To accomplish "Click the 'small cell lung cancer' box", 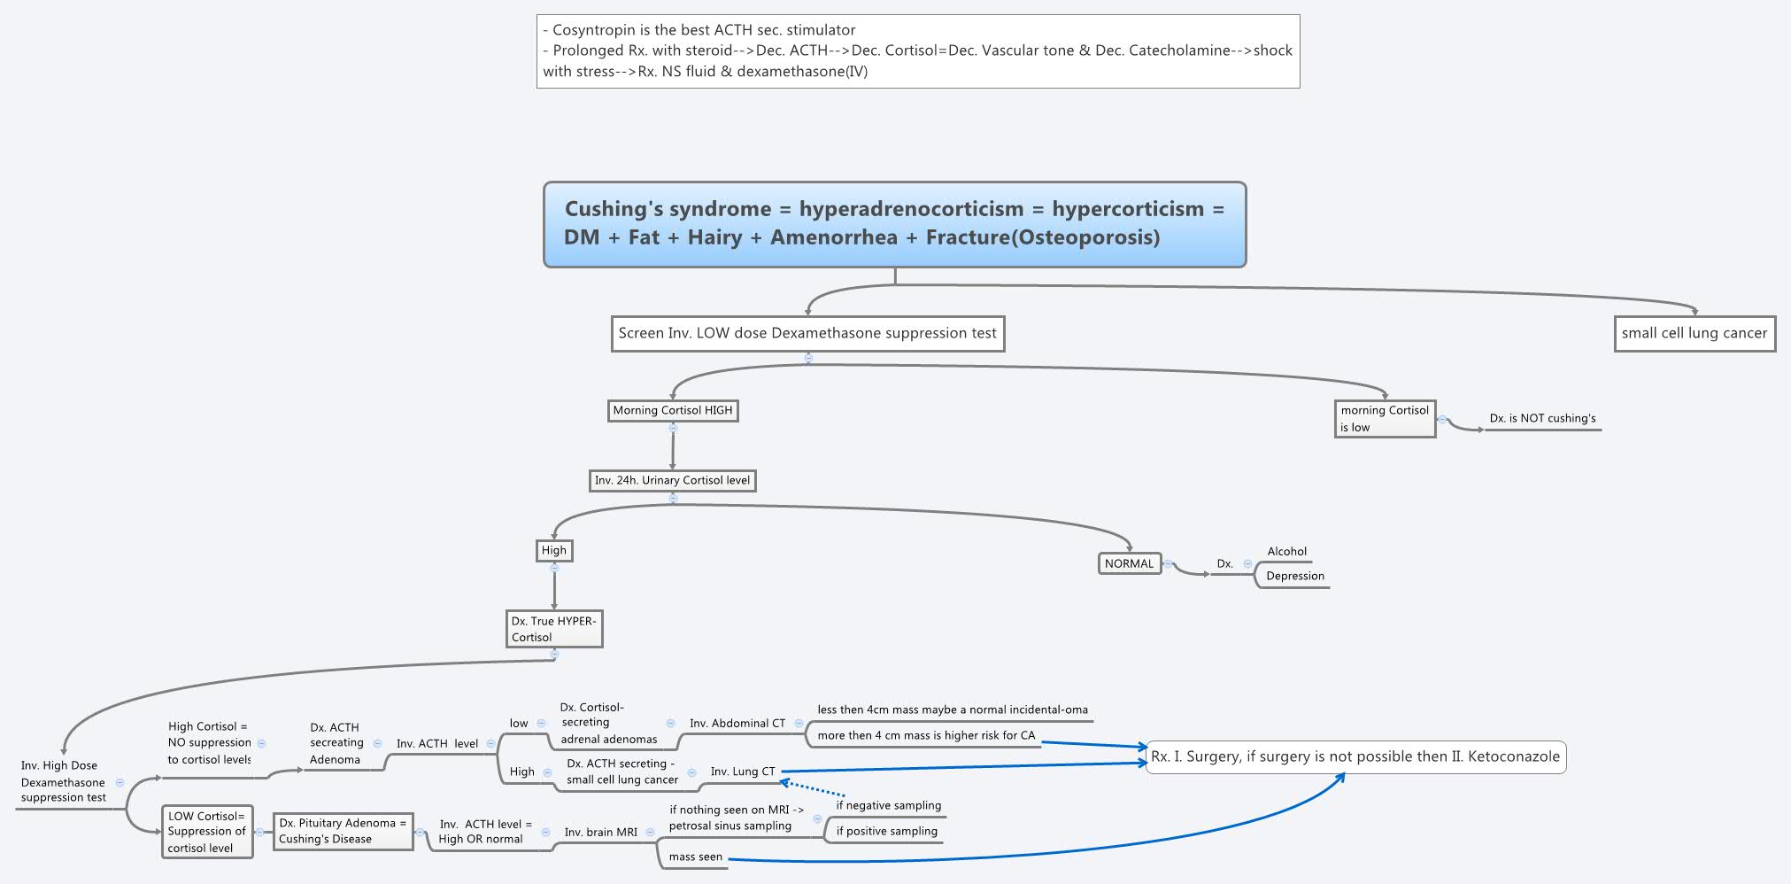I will [x=1694, y=334].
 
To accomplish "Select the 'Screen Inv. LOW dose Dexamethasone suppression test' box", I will [x=807, y=334].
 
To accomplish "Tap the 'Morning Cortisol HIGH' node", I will [x=673, y=411].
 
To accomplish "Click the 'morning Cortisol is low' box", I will [x=1385, y=419].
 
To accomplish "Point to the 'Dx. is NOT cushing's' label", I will [x=1542, y=419].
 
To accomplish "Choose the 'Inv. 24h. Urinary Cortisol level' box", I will [x=672, y=481].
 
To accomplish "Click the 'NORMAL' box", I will [x=1129, y=564].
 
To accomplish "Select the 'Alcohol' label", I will [x=1286, y=552].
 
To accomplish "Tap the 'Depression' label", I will [x=1294, y=577].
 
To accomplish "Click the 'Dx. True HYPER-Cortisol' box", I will [x=554, y=629].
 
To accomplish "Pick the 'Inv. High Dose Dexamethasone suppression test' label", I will [x=63, y=782].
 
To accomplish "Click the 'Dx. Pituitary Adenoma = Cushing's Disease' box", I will [x=343, y=832].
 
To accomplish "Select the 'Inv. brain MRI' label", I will [x=600, y=833].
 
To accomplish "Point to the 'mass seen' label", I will [x=695, y=857].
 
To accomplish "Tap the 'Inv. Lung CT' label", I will [x=742, y=772].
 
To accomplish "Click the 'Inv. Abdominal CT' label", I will [x=737, y=724].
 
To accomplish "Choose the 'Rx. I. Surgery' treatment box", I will [x=1355, y=757].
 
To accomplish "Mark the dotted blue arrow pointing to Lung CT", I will [x=812, y=787].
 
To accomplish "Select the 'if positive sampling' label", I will [x=886, y=832].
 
